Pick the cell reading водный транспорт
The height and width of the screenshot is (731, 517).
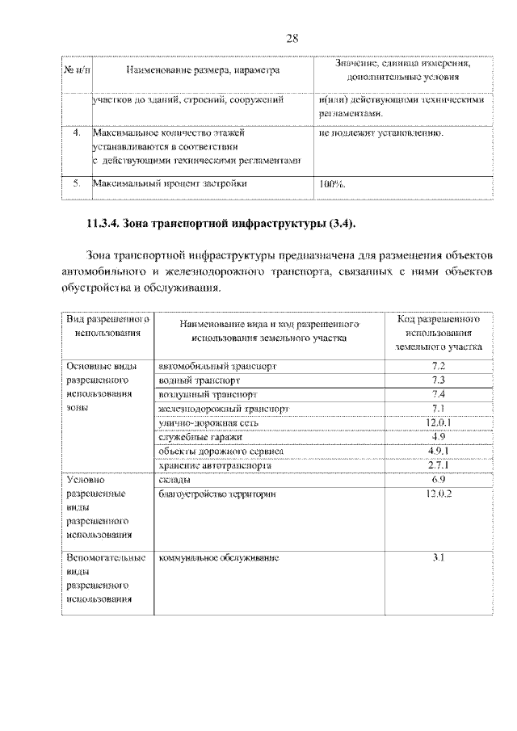click(199, 380)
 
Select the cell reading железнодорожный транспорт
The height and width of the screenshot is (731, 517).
click(223, 409)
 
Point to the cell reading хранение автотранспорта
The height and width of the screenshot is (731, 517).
click(215, 465)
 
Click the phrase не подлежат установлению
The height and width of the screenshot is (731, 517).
click(380, 132)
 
